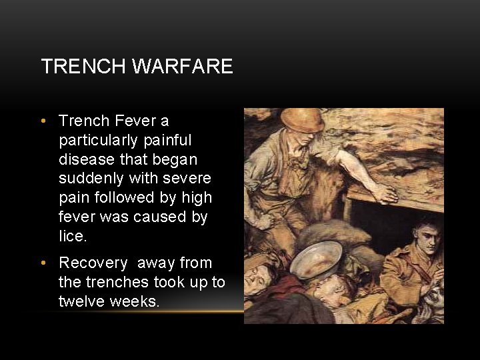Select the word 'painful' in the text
pos(166,141)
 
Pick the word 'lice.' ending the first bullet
pos(72,237)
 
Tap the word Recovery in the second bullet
pos(93,263)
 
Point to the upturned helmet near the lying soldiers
pos(316,259)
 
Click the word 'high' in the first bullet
pos(197,198)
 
